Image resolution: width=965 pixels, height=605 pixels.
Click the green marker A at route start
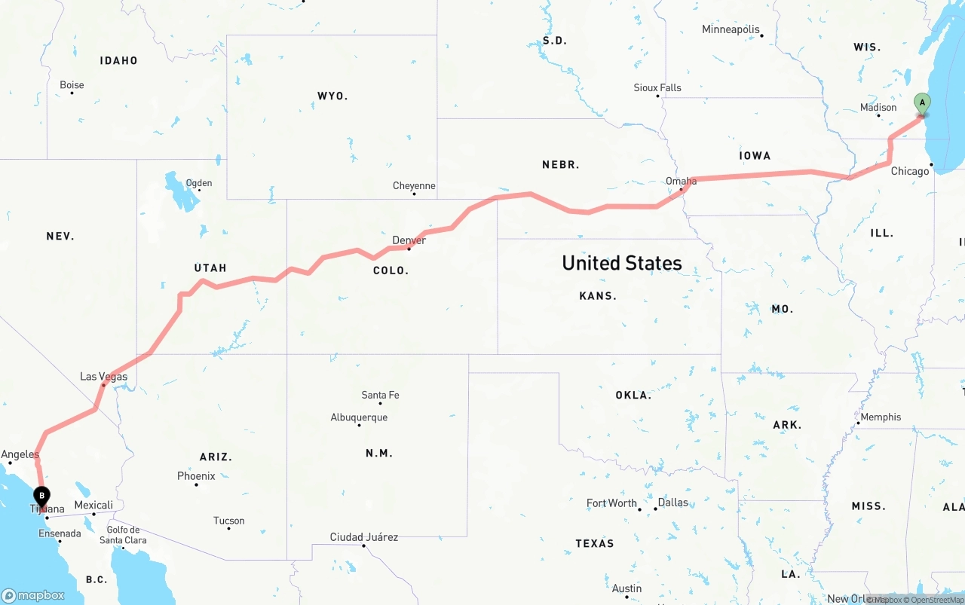pos(921,104)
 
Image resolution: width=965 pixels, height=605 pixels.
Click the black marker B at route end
pos(42,497)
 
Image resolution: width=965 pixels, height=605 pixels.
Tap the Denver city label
pos(409,240)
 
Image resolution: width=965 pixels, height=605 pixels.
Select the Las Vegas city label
pos(104,377)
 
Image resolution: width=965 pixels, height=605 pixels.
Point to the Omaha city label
pos(681,181)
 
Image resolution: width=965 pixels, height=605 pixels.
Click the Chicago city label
pos(910,171)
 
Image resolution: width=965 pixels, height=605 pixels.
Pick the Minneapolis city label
pos(731,29)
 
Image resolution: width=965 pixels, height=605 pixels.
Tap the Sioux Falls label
pos(657,88)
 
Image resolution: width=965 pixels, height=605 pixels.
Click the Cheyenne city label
pos(414,186)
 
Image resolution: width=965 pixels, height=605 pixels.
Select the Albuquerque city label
pos(359,417)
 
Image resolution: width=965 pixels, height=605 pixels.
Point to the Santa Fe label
pos(380,395)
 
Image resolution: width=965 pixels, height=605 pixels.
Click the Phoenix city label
pos(196,476)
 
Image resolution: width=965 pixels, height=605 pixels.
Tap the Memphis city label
pos(881,417)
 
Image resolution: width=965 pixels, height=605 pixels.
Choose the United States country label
pos(622,263)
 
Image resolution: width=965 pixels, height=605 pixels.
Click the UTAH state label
pos(210,268)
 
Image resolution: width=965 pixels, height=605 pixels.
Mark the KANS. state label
pos(598,296)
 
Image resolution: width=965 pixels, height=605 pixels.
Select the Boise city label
pos(72,85)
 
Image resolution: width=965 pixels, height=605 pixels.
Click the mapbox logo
pos(33,595)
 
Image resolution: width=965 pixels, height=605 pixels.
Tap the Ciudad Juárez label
pos(363,537)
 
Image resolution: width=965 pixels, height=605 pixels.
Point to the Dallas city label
pos(672,503)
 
